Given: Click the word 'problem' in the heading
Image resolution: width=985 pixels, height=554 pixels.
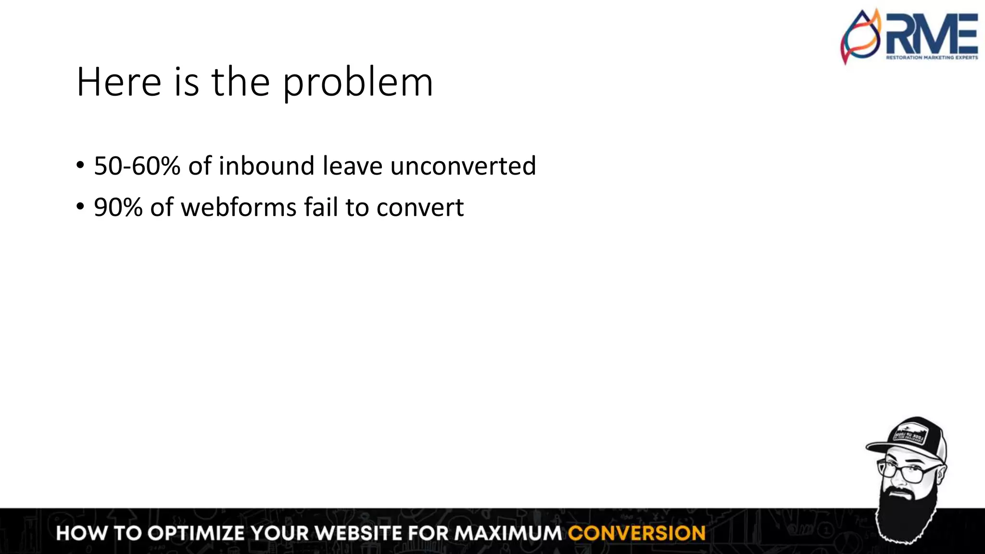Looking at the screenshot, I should (x=357, y=83).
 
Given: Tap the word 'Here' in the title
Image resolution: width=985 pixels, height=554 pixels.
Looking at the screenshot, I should (x=118, y=83).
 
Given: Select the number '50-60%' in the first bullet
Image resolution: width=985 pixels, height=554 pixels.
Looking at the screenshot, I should (x=137, y=166).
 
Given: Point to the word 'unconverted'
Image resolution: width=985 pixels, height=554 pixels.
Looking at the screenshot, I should (x=463, y=166).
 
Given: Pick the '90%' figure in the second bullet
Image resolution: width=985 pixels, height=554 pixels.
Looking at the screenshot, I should (x=118, y=208).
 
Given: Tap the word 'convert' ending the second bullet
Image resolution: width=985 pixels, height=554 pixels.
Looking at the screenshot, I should (x=420, y=208).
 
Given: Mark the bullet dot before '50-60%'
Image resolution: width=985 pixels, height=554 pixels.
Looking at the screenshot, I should (x=80, y=166).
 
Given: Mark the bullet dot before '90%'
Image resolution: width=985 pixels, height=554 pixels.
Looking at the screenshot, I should (x=80, y=207).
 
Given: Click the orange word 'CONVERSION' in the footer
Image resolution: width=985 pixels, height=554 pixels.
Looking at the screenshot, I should (x=636, y=533).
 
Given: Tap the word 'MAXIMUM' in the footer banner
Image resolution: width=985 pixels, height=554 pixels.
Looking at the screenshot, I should (x=508, y=533).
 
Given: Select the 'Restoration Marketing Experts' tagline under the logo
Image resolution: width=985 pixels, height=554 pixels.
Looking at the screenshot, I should (x=932, y=58).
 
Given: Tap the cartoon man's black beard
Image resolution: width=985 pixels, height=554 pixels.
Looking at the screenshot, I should (x=904, y=515).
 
